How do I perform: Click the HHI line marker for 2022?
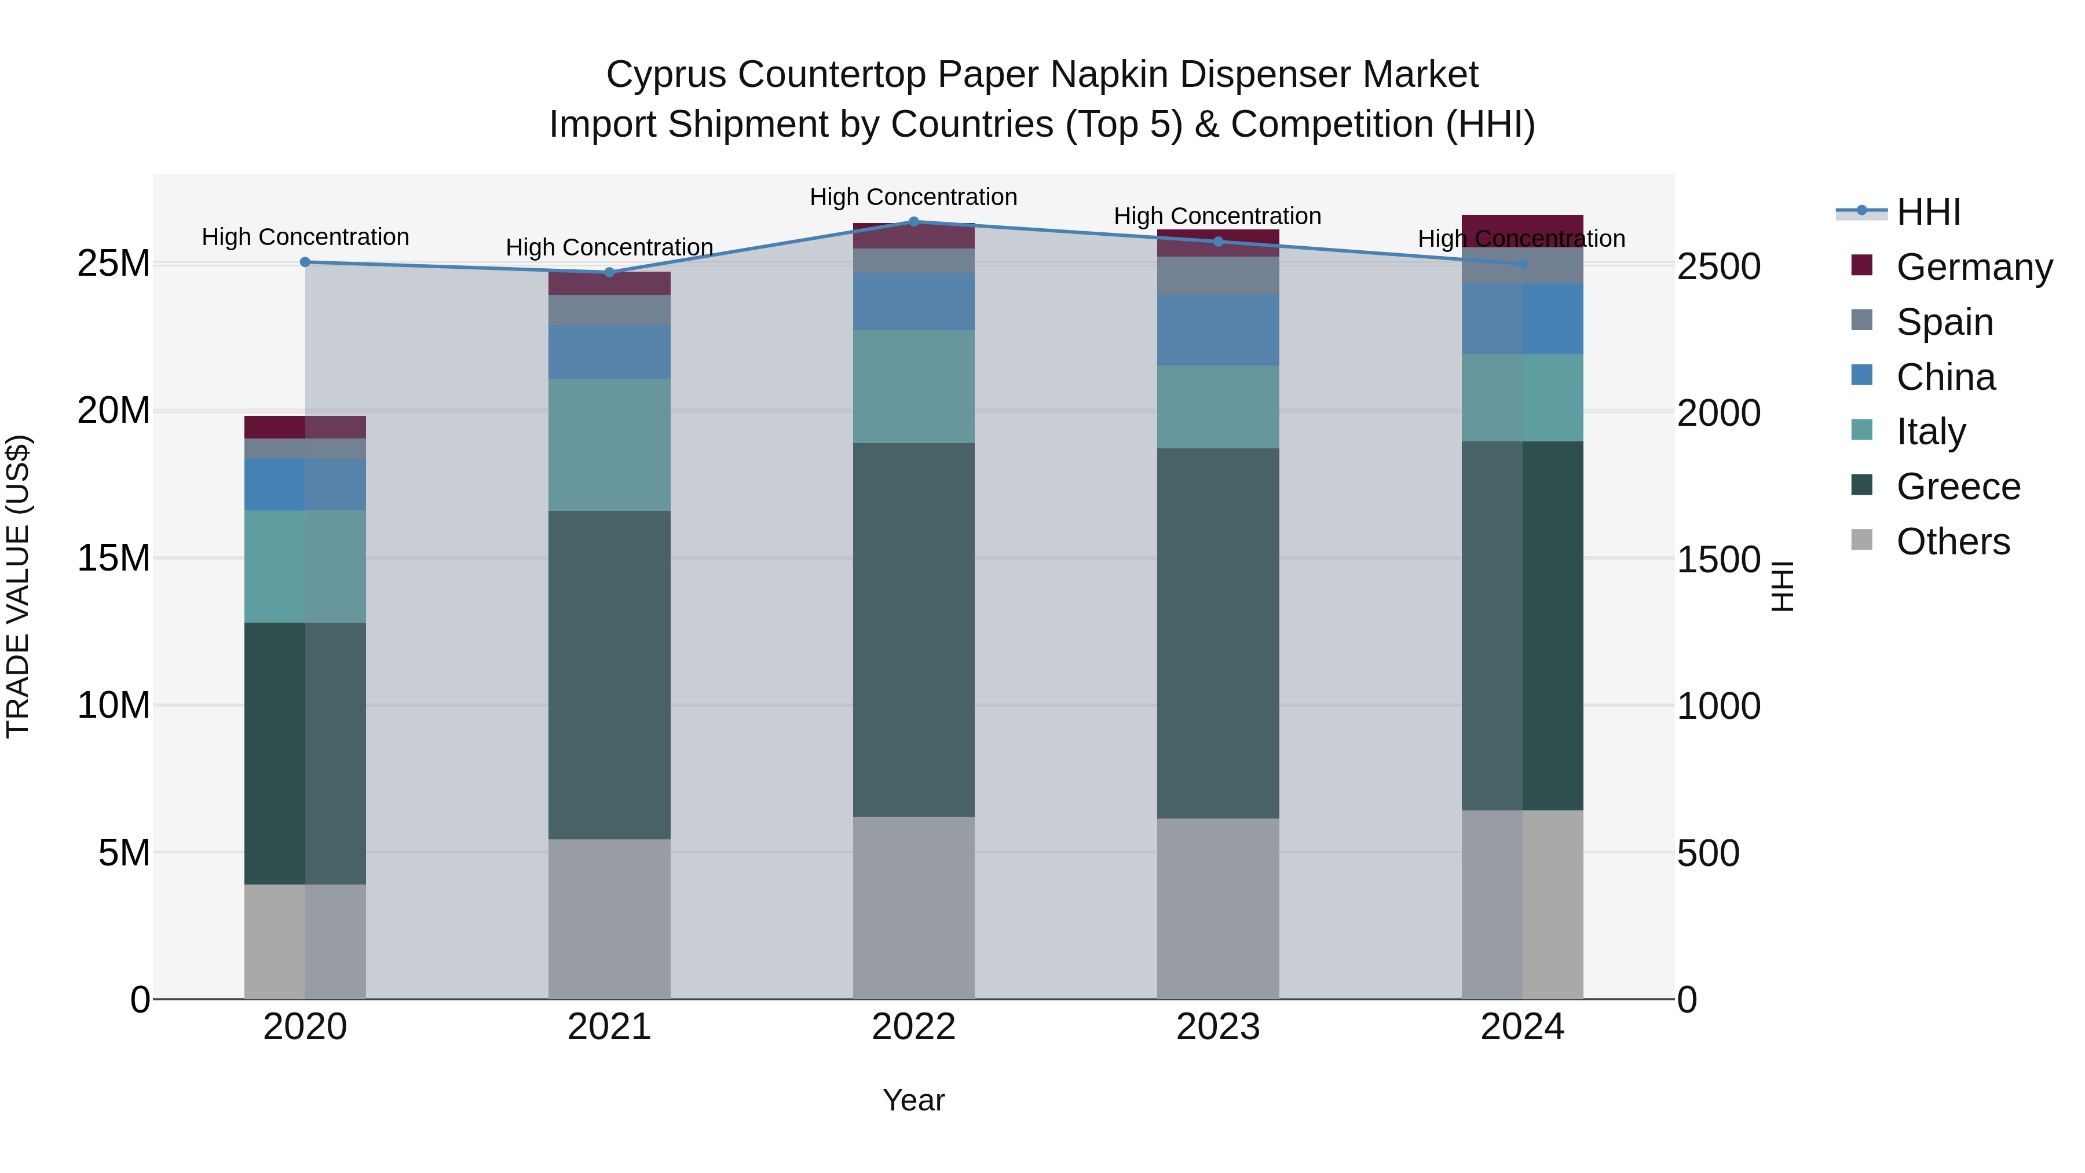pyautogui.click(x=914, y=222)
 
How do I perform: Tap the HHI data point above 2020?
pyautogui.click(x=305, y=262)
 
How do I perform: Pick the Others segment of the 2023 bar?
pyautogui.click(x=1218, y=908)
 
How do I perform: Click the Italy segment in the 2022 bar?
pyautogui.click(x=914, y=386)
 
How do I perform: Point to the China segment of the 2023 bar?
pyautogui.click(x=1218, y=330)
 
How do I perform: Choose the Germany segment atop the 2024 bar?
pyautogui.click(x=1523, y=226)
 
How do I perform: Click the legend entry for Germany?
pyautogui.click(x=1973, y=267)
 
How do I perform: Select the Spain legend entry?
pyautogui.click(x=1944, y=322)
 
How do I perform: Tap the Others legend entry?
pyautogui.click(x=1952, y=542)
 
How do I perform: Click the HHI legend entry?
pyautogui.click(x=1928, y=212)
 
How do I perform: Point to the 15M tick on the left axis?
pyautogui.click(x=114, y=558)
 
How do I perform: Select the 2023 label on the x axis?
pyautogui.click(x=1218, y=1027)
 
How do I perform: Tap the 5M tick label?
pyautogui.click(x=124, y=853)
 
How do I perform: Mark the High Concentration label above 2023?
pyautogui.click(x=1217, y=216)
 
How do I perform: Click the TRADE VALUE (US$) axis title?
pyautogui.click(x=18, y=586)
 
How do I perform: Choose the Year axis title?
pyautogui.click(x=914, y=1100)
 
